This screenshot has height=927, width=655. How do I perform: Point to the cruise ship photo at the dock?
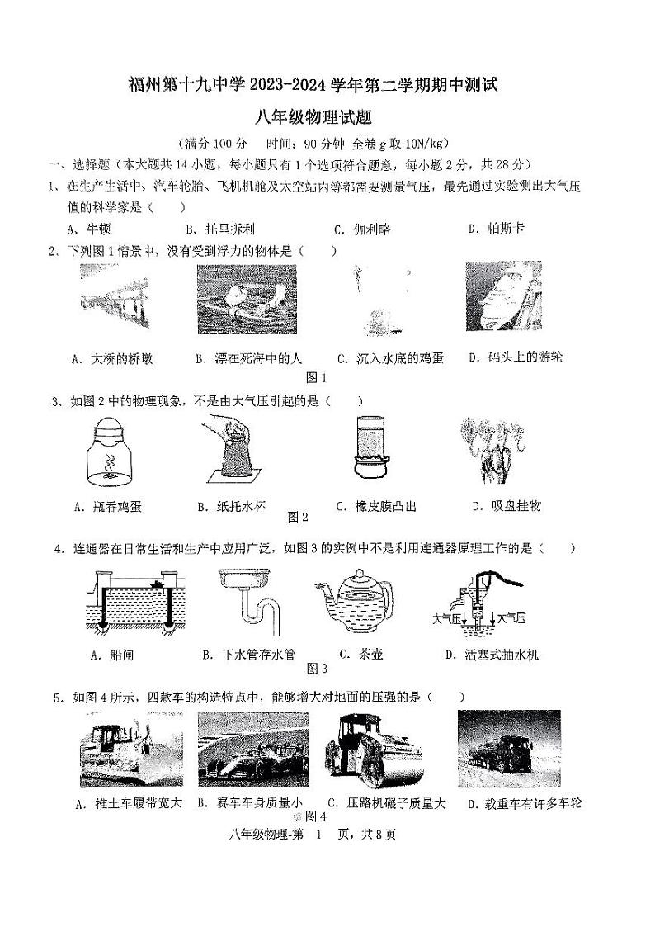502,297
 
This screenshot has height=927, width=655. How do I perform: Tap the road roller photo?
369,748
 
